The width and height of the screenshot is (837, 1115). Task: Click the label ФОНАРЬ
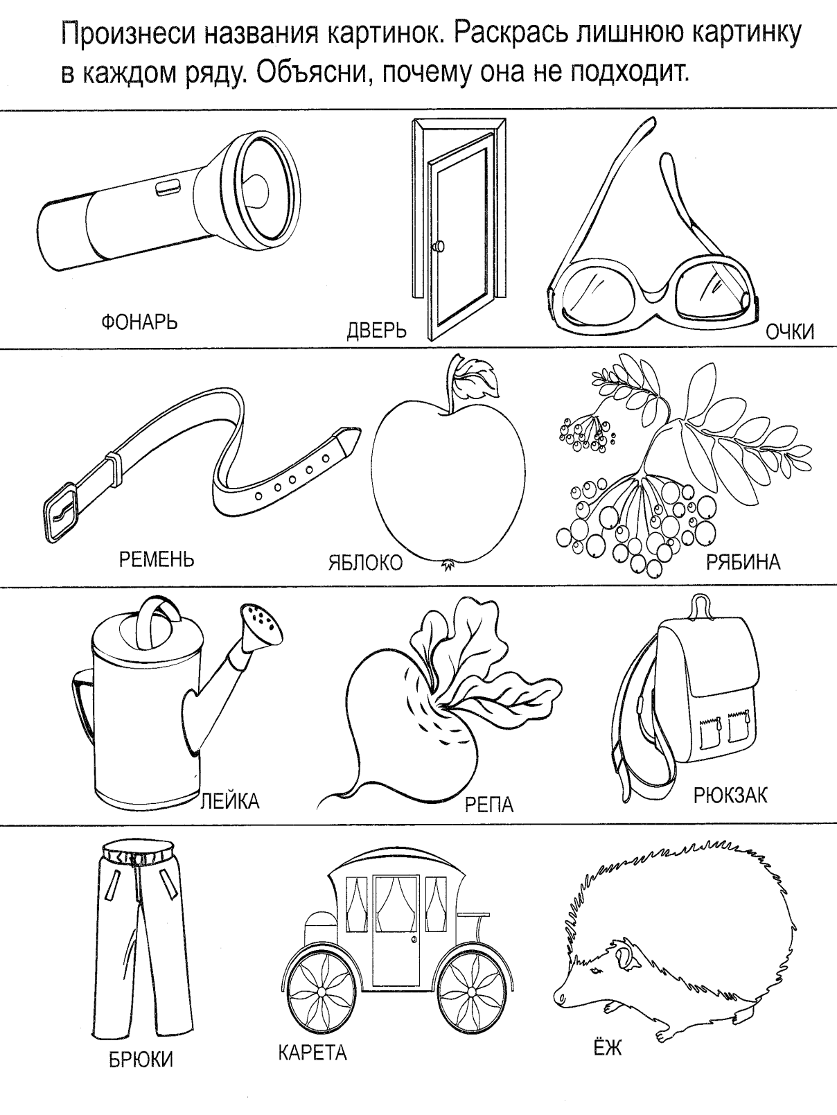click(139, 322)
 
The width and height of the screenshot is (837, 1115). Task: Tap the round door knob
click(438, 247)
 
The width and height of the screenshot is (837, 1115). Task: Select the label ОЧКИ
click(790, 332)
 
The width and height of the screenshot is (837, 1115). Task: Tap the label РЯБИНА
click(743, 562)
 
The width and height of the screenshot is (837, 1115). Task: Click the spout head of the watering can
click(262, 629)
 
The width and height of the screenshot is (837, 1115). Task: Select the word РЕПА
click(489, 805)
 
